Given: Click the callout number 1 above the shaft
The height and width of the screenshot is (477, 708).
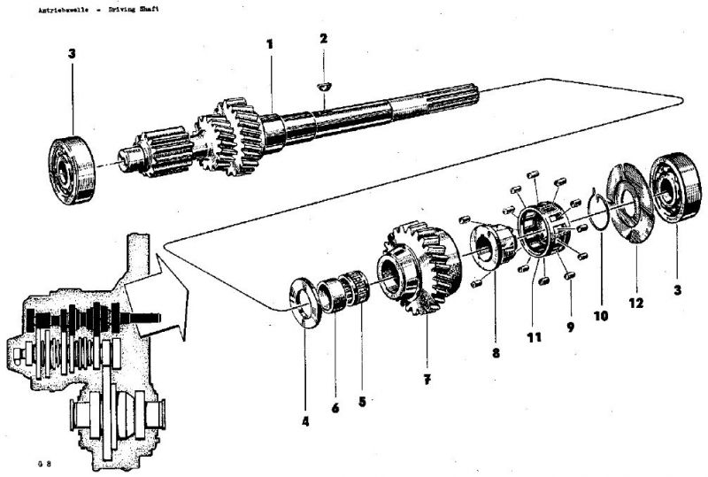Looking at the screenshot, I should point(270,43).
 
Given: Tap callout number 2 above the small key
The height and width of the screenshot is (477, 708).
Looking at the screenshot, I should point(324,39).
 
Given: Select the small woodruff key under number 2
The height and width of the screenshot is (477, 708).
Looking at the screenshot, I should point(324,86).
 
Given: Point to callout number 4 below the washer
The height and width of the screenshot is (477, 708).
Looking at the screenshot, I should point(305,421).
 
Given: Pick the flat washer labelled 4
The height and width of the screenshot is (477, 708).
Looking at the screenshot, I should point(304,302).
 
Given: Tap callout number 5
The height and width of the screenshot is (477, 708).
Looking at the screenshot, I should point(362,400).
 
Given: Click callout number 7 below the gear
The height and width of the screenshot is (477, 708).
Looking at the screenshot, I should point(427,379).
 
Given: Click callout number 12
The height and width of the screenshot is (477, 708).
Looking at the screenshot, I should point(637,303).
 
